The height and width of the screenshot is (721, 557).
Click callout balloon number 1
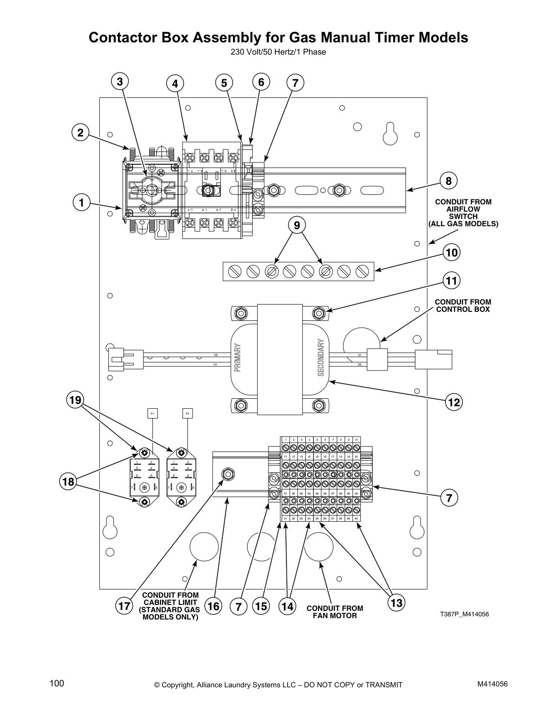pyautogui.click(x=81, y=203)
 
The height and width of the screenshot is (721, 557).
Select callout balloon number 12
pyautogui.click(x=454, y=402)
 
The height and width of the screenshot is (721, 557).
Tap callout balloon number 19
pyautogui.click(x=75, y=400)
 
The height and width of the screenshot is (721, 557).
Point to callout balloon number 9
pyautogui.click(x=297, y=225)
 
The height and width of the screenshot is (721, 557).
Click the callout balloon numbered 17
pyautogui.click(x=123, y=606)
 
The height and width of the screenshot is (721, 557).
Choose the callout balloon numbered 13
pyautogui.click(x=396, y=603)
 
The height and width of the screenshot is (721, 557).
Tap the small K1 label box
pyautogui.click(x=152, y=413)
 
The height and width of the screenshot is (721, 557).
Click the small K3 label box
pyautogui.click(x=187, y=413)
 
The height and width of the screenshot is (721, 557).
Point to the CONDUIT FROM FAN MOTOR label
pyautogui.click(x=334, y=612)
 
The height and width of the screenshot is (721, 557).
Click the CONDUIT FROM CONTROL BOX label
pyautogui.click(x=463, y=305)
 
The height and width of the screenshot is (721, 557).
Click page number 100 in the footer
pyautogui.click(x=57, y=683)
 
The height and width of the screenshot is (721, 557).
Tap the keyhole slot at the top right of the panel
pyautogui.click(x=389, y=133)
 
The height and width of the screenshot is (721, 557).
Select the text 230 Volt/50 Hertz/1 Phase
pyautogui.click(x=278, y=52)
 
